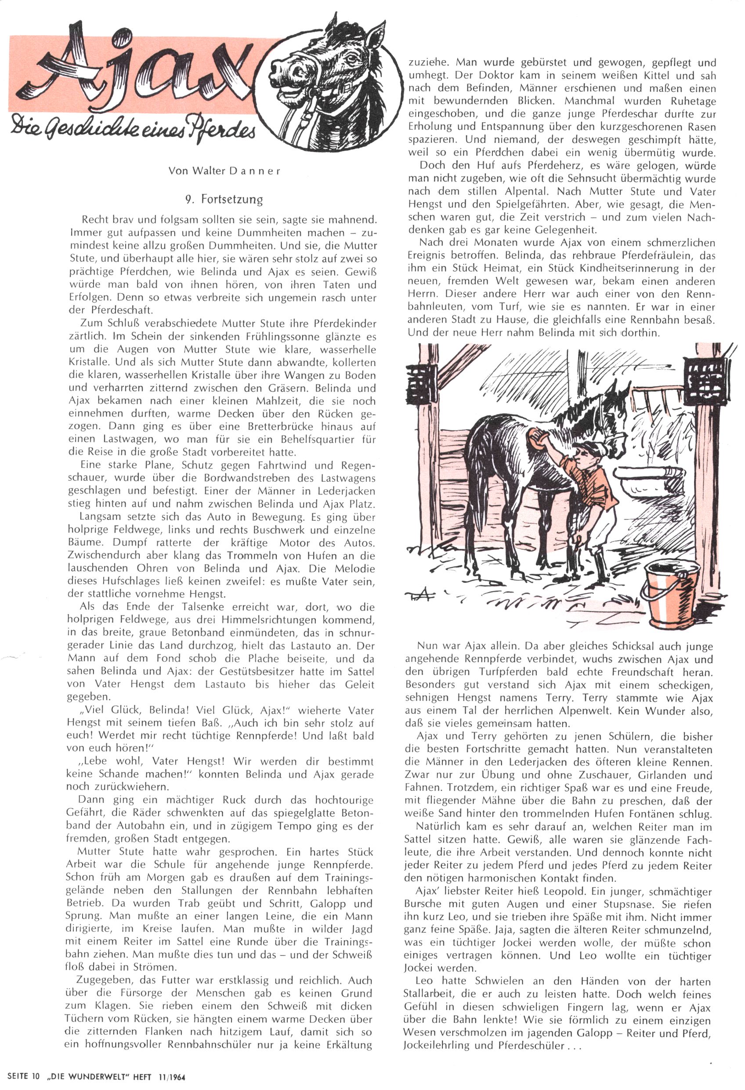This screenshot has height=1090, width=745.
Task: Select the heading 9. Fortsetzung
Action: click(224, 200)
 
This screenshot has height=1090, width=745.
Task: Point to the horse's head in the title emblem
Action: click(328, 75)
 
